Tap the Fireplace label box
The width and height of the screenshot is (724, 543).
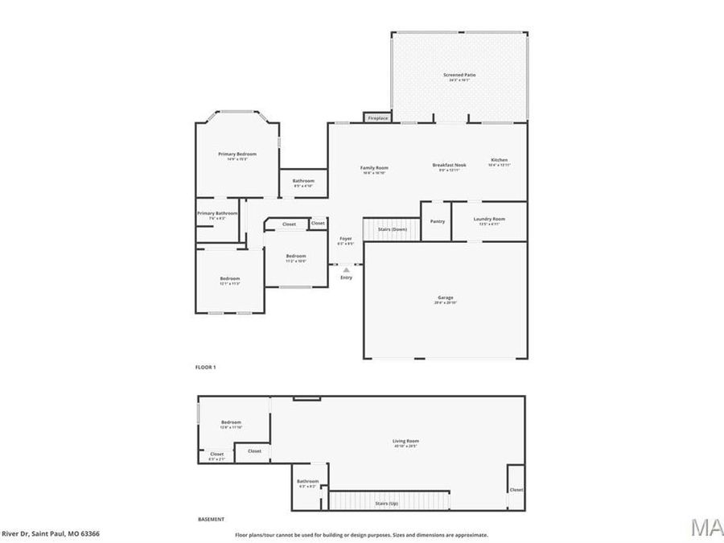377,118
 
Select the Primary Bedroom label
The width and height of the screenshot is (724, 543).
237,154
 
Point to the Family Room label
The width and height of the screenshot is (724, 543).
375,167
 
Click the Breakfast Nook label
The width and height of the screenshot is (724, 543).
449,165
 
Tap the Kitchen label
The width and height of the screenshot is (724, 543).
500,160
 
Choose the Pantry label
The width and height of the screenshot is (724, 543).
438,221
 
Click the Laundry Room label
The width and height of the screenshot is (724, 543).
489,219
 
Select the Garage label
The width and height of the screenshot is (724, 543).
446,298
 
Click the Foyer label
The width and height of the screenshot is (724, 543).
346,238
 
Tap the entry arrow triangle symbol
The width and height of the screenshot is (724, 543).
346,269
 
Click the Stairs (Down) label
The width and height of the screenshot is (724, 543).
393,229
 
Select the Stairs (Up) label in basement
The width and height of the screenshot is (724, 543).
388,504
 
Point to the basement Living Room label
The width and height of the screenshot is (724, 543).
405,440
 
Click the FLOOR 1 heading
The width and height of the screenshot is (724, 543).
206,367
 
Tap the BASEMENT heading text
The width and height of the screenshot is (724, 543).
212,519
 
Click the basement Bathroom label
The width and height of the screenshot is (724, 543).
308,481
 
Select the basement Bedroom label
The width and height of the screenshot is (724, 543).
232,422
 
